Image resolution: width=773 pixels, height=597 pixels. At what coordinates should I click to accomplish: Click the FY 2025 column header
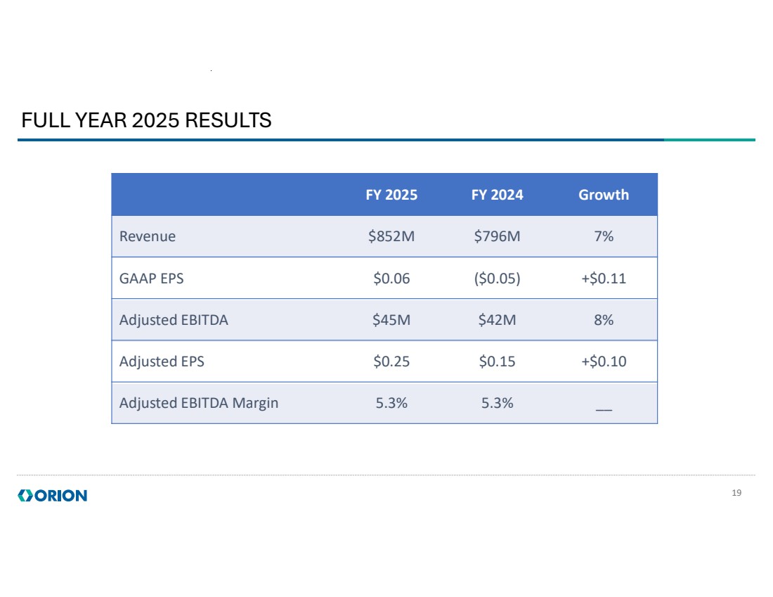pos(391,195)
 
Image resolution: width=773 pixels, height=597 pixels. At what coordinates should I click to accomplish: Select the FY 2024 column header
pos(497,195)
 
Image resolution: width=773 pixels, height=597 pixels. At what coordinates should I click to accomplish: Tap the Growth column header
pos(603,195)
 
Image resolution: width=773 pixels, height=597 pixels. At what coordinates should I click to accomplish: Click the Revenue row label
pos(148,236)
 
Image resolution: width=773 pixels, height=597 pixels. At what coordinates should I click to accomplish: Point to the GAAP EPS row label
pos(151,278)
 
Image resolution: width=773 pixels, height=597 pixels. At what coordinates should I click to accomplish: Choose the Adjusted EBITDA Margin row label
pos(199,403)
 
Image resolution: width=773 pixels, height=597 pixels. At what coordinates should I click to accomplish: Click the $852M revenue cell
pos(391,236)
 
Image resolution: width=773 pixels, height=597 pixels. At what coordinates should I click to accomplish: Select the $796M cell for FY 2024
pos(497,236)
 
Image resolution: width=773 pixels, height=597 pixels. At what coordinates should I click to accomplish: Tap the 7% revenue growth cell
pos(603,236)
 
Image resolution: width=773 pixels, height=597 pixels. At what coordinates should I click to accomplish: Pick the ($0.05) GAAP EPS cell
pos(497,278)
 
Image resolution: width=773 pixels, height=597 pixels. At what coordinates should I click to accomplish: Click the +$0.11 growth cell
pos(603,278)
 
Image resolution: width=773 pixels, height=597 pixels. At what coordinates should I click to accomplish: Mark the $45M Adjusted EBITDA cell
pos(391,320)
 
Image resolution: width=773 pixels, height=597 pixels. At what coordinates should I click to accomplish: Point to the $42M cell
pos(497,320)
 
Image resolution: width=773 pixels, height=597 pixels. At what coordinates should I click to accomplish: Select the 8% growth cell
pos(603,320)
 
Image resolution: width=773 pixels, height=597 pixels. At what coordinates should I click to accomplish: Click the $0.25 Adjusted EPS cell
pos(391,361)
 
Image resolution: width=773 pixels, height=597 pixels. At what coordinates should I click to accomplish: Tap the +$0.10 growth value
pos(603,361)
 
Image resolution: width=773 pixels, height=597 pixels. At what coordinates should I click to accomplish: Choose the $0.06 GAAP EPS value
pos(391,278)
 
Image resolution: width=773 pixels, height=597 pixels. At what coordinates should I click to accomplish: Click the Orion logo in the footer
pos(53,496)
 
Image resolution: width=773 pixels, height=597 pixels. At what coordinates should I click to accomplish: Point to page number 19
pos(736,493)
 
